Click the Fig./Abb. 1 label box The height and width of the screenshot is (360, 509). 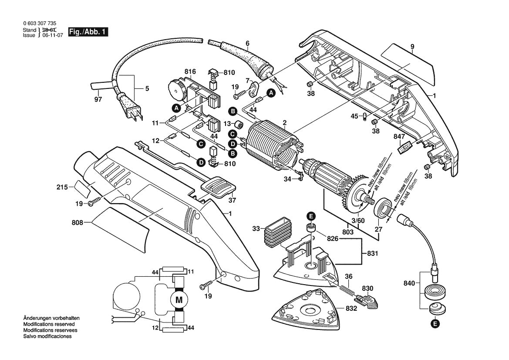(88, 32)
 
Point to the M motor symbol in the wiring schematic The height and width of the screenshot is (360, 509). (179, 299)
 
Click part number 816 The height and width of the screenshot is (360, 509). (190, 71)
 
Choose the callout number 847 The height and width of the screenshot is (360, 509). (399, 136)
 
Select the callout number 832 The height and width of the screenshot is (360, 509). (351, 308)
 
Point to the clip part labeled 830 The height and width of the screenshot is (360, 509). (367, 300)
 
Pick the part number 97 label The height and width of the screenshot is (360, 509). (98, 100)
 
